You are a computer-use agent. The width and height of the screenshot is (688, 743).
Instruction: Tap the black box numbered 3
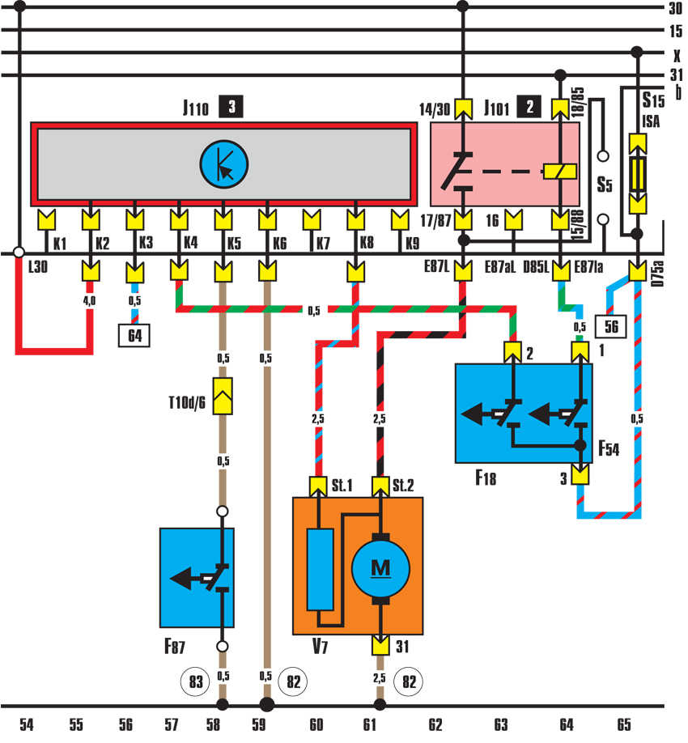click(232, 106)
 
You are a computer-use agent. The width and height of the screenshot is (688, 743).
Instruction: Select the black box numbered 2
click(531, 106)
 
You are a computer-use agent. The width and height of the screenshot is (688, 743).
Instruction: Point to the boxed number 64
click(135, 333)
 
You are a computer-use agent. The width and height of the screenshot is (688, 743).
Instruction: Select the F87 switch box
click(197, 577)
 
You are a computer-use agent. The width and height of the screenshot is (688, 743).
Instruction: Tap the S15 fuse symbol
click(638, 172)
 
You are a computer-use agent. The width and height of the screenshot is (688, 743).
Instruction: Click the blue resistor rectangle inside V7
click(320, 571)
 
